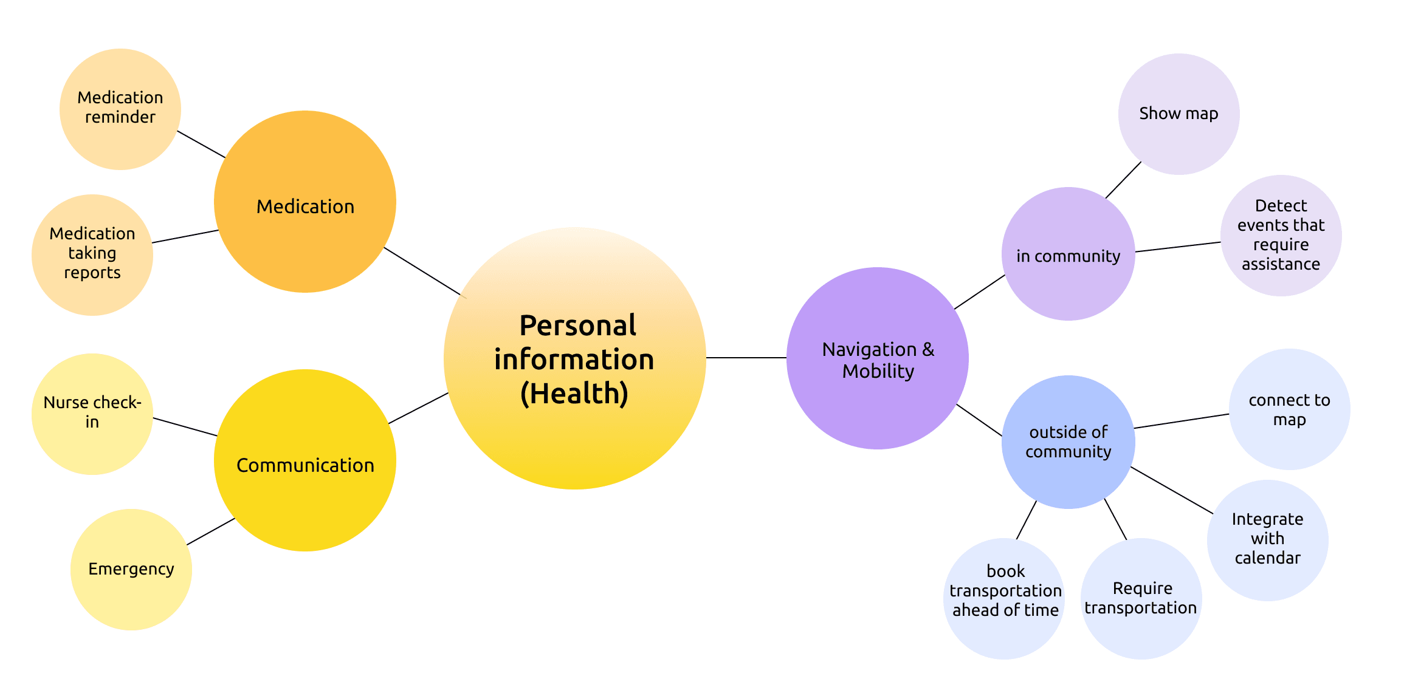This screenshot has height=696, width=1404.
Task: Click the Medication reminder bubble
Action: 120,109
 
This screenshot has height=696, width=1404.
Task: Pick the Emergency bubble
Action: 131,570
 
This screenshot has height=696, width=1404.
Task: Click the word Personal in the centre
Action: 577,326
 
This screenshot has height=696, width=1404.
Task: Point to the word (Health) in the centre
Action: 574,394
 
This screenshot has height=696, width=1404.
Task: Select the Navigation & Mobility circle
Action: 878,358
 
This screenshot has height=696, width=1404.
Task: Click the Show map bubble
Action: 1179,114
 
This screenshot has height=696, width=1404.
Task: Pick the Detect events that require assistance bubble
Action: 1281,236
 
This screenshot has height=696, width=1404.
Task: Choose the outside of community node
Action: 1068,442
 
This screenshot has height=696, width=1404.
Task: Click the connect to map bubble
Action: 1290,409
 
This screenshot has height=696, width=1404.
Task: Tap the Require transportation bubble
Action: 1141,599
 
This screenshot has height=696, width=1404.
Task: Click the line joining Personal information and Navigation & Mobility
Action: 746,358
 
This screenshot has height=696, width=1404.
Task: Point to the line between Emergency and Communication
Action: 211,531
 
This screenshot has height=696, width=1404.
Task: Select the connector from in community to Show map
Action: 1123,180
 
